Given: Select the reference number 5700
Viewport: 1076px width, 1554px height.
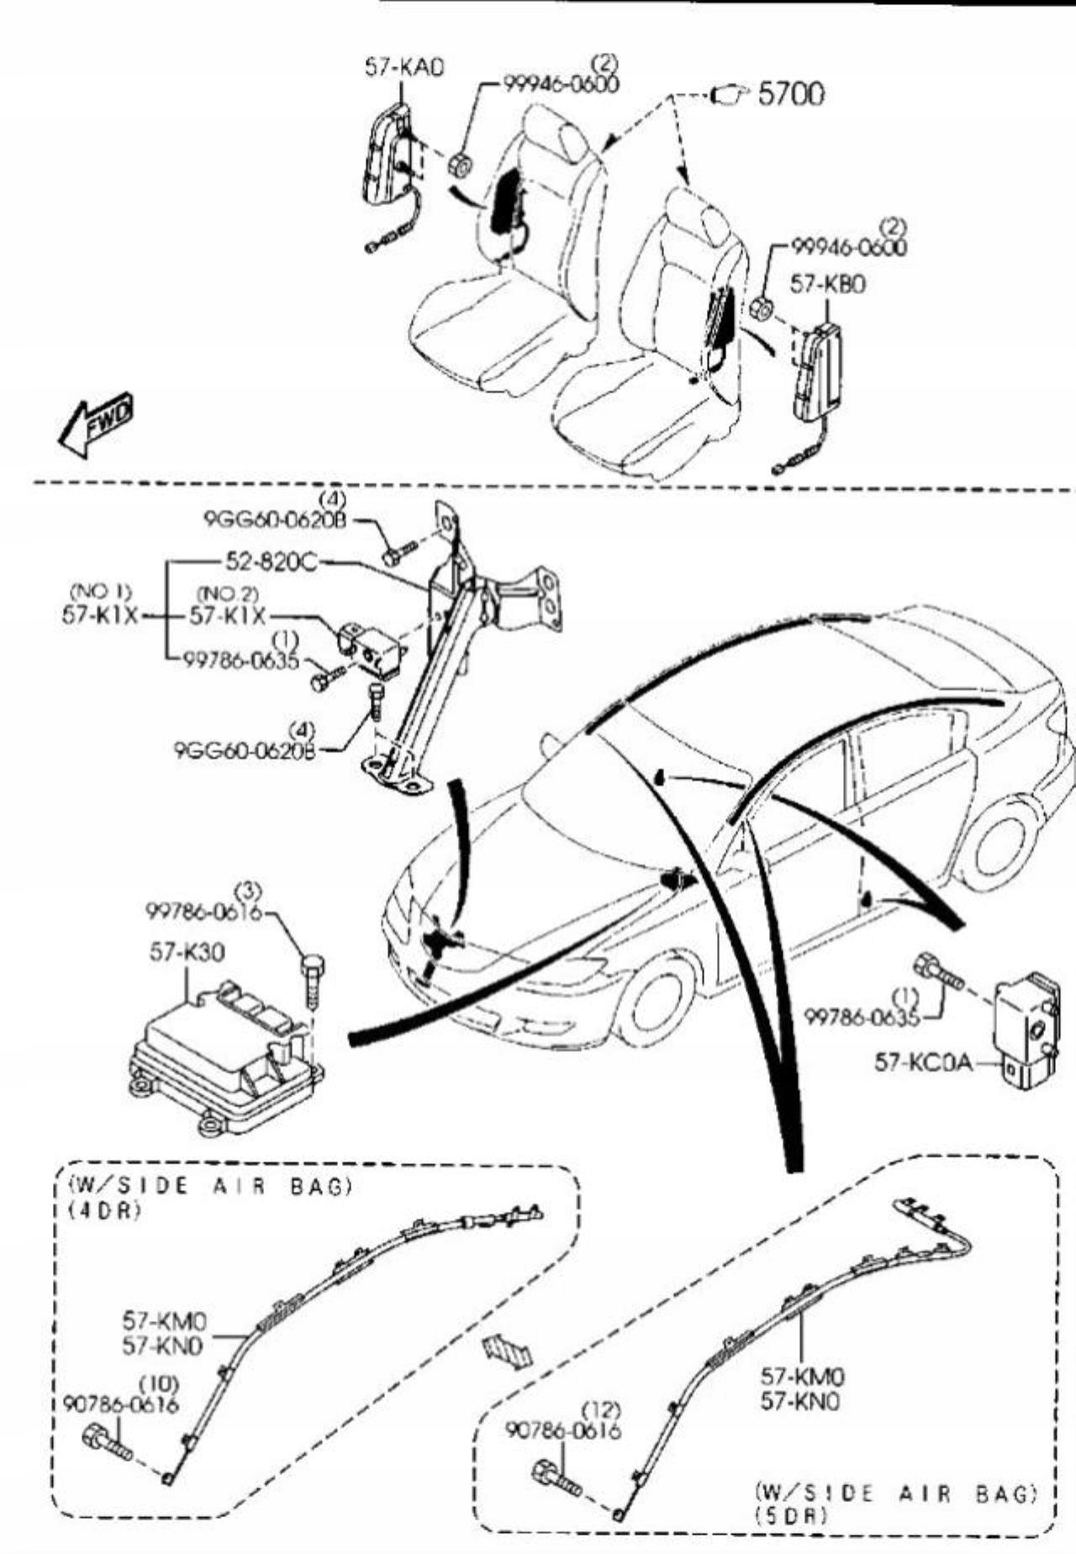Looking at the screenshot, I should pyautogui.click(x=791, y=94).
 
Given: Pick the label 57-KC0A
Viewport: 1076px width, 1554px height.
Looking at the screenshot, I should pyautogui.click(x=923, y=1062).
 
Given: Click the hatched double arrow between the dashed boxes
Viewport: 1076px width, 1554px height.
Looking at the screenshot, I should pyautogui.click(x=507, y=1351).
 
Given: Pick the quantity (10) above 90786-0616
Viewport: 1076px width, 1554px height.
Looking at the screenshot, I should pyautogui.click(x=158, y=1383).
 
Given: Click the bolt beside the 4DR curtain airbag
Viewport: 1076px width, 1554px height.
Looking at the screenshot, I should pyautogui.click(x=108, y=1442).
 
